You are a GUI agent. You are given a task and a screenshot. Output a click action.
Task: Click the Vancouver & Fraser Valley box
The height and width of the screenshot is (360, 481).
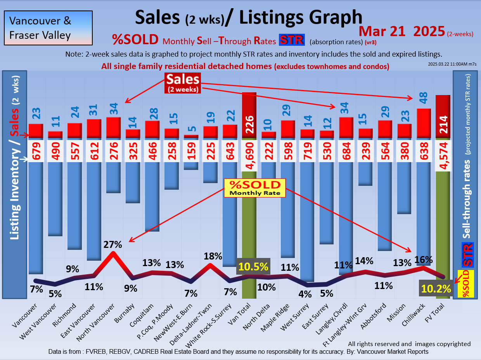coord(48,28)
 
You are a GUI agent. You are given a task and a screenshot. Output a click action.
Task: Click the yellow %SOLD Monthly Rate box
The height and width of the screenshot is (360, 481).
coord(254,188)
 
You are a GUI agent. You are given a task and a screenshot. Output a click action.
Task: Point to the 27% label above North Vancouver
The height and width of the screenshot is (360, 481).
coord(113,245)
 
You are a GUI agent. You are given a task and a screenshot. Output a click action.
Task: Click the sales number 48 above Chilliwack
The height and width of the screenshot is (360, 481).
coord(424,100)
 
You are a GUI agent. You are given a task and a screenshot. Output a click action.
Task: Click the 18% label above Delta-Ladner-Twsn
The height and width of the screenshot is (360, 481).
coord(213,256)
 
